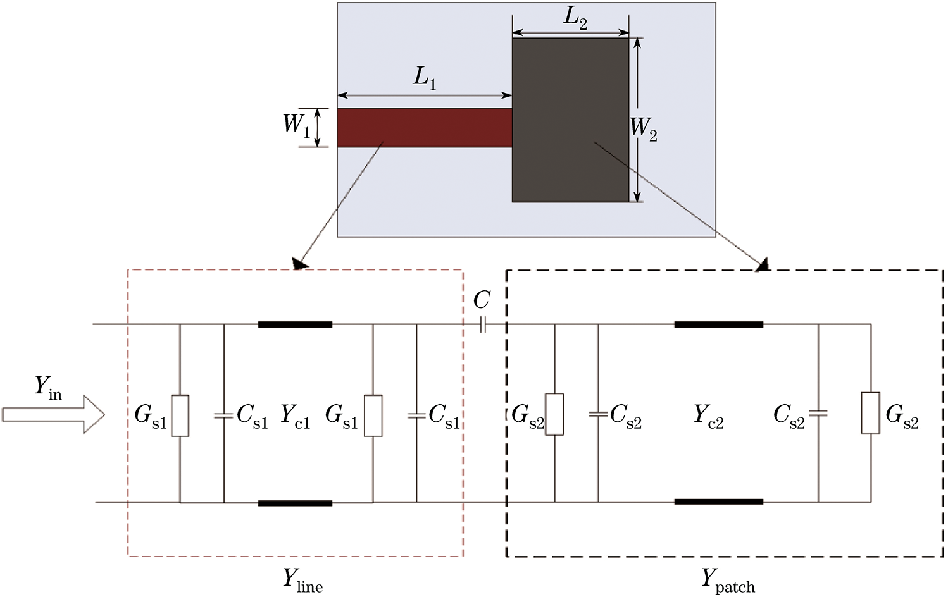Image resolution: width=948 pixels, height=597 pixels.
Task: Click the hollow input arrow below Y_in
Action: coord(53,415)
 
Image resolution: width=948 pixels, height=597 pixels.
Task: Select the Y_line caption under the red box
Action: coord(302,580)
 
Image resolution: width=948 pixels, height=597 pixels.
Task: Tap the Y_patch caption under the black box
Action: coord(728,580)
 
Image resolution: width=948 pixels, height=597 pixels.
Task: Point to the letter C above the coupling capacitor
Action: coord(482,300)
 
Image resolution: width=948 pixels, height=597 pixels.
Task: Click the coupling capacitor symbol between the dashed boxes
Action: coord(482,325)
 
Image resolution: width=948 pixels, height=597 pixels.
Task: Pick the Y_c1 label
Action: coord(295,416)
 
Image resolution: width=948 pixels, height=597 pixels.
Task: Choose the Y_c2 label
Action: coord(708,416)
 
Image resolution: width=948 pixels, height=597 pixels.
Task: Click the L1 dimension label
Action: coord(425,77)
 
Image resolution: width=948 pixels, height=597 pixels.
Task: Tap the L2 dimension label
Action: coord(575,18)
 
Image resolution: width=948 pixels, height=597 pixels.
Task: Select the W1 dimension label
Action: coord(296,125)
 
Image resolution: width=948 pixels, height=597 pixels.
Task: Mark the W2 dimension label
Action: coord(644,129)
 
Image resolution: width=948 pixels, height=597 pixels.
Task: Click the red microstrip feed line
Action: coord(424,128)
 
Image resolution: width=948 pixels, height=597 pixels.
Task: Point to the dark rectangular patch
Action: coord(570,120)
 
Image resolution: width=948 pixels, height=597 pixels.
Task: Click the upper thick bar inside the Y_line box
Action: coord(295,324)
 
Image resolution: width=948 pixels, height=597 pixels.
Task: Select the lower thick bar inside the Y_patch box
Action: coord(718,502)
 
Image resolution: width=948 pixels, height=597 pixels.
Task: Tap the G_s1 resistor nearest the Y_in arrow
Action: coord(180,415)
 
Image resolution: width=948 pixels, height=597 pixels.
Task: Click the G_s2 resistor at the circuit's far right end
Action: coord(871,413)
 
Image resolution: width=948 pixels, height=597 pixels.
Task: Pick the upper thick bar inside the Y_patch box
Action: coord(718,324)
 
